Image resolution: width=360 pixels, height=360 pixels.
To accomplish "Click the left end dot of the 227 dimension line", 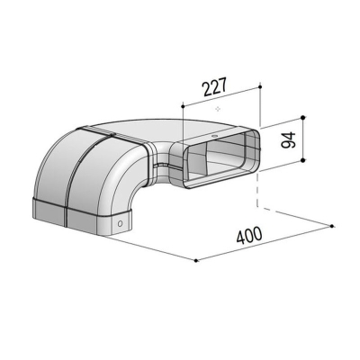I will [182, 105].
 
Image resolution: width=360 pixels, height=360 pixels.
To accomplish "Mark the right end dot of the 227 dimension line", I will [260, 87].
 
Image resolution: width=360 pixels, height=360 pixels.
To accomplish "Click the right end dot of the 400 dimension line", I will [332, 226].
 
